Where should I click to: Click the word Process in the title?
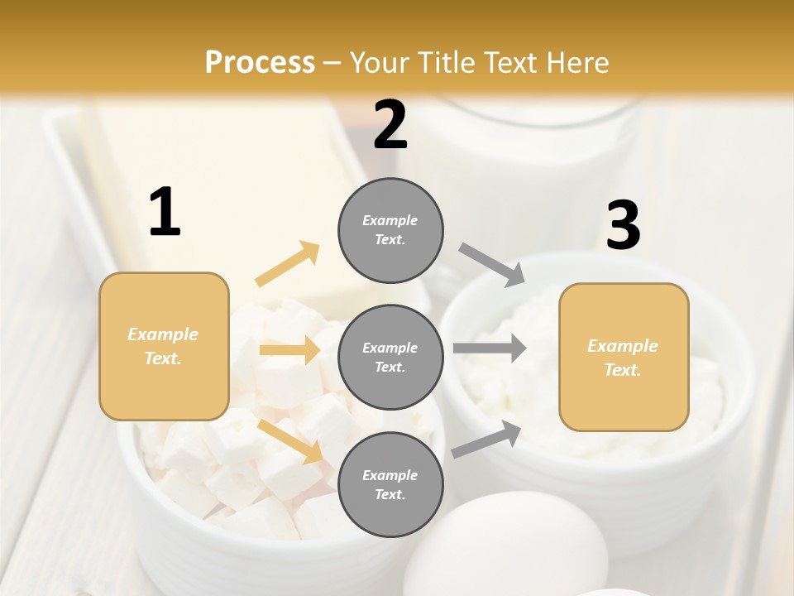coord(260,62)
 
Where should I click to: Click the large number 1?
coord(165,213)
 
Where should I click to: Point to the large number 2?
coord(390,125)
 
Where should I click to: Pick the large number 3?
coord(623,225)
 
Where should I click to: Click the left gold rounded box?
coord(164,346)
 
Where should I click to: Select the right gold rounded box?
coord(624,357)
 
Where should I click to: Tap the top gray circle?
coord(390,230)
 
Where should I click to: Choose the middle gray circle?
coord(390,357)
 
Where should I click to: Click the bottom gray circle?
coord(390,484)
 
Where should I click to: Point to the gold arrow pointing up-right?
coord(288,264)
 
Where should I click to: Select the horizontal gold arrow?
coord(289,350)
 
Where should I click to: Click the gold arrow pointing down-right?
coord(290,440)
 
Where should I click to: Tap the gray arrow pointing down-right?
coord(491,265)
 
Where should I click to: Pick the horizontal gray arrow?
coord(490,348)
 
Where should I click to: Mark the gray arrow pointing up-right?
coord(486,440)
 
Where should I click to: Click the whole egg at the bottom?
coord(505,547)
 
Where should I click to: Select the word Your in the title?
coord(380,62)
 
